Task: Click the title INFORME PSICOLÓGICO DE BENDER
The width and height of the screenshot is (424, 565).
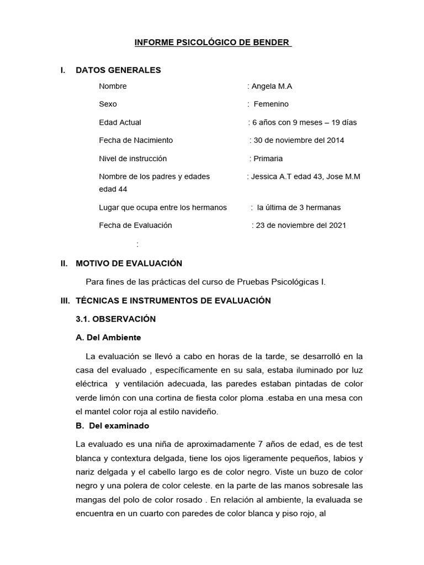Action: pyautogui.click(x=213, y=42)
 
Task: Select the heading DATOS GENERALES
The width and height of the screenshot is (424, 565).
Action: pyautogui.click(x=118, y=70)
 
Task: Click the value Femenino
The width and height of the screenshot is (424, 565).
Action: pyautogui.click(x=271, y=104)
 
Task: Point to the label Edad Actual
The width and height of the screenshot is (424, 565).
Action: pyautogui.click(x=120, y=122)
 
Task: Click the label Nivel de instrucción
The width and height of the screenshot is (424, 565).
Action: pyautogui.click(x=132, y=158)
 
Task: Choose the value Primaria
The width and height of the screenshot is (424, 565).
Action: pyautogui.click(x=268, y=158)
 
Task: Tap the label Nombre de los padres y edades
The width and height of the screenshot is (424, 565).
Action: pyautogui.click(x=154, y=177)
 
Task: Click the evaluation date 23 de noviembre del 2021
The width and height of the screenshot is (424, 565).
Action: pyautogui.click(x=301, y=225)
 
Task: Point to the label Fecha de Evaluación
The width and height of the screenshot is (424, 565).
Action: pyautogui.click(x=135, y=225)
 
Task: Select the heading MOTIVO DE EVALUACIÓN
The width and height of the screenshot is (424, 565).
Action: pyautogui.click(x=129, y=264)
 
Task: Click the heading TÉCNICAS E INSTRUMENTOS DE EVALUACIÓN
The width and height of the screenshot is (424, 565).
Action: pyautogui.click(x=173, y=301)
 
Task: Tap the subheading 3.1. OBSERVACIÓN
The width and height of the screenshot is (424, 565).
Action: pyautogui.click(x=116, y=319)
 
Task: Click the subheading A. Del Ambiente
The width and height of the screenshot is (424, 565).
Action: pyautogui.click(x=108, y=337)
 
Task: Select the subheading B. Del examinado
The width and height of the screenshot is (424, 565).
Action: pyautogui.click(x=112, y=426)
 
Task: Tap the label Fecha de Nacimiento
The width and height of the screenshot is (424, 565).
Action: pyautogui.click(x=136, y=140)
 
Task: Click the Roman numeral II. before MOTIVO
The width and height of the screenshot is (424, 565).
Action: pyautogui.click(x=64, y=264)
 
